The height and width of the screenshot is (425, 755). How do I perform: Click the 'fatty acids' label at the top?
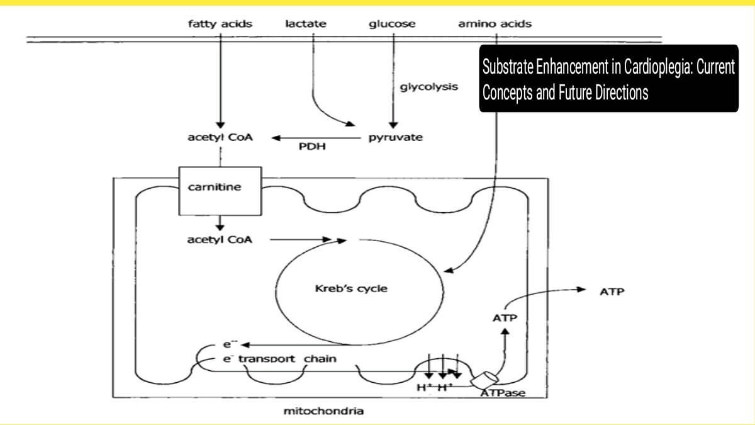point(220,25)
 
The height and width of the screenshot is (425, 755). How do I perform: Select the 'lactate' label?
point(306,25)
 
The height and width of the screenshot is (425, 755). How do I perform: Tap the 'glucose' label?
point(392,25)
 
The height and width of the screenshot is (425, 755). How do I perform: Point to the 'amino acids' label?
point(495,25)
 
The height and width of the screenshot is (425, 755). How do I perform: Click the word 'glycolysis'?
point(429,87)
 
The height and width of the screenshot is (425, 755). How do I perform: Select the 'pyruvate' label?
point(395,137)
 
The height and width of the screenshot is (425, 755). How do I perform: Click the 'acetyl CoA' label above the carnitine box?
point(220,137)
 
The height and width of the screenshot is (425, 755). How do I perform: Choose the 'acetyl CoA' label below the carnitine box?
point(220,239)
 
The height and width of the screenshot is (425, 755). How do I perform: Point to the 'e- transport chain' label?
point(279,359)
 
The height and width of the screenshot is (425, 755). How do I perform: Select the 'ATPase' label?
point(503,394)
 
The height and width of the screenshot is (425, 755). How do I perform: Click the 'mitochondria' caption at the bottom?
point(324,412)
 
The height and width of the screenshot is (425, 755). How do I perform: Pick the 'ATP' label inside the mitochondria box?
point(505,318)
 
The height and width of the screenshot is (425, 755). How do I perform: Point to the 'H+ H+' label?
point(435,387)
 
